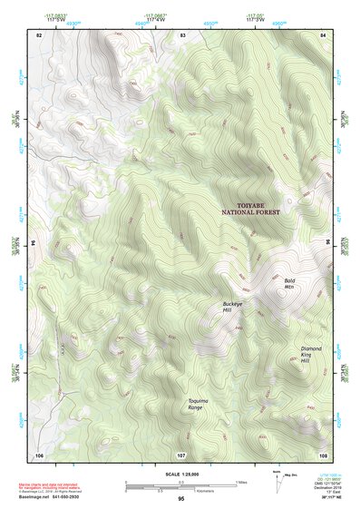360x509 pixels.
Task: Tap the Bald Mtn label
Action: [289, 284]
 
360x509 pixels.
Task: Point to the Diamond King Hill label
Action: [311, 354]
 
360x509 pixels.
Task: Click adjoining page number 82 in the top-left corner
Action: [39, 34]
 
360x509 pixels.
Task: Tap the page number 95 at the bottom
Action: [181, 499]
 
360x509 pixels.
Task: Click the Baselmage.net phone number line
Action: [57, 498]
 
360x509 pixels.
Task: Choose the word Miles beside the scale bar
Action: [241, 482]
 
